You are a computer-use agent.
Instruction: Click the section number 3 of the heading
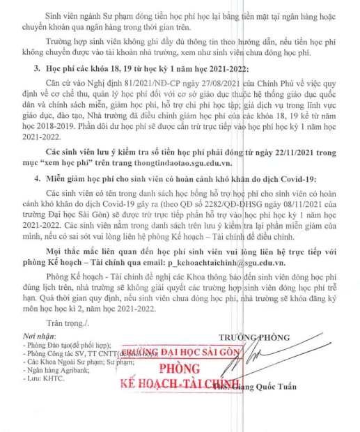(37, 87)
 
